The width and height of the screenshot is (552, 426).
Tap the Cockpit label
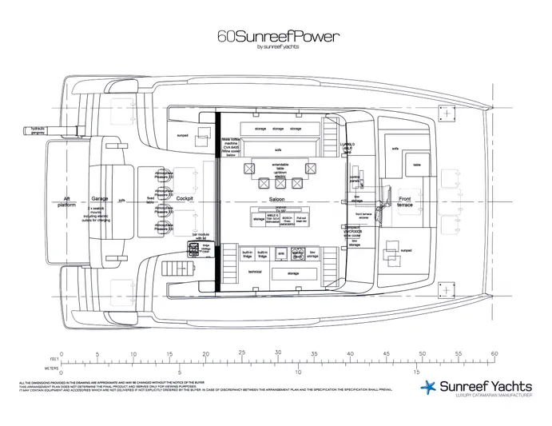coord(185,199)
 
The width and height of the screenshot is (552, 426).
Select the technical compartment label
coord(255,272)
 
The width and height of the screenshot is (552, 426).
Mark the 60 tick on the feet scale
coord(494,353)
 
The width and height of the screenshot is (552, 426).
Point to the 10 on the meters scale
coord(297,372)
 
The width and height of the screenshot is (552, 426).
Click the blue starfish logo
coord(428,388)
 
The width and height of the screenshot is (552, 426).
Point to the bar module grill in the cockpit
coord(194,248)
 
